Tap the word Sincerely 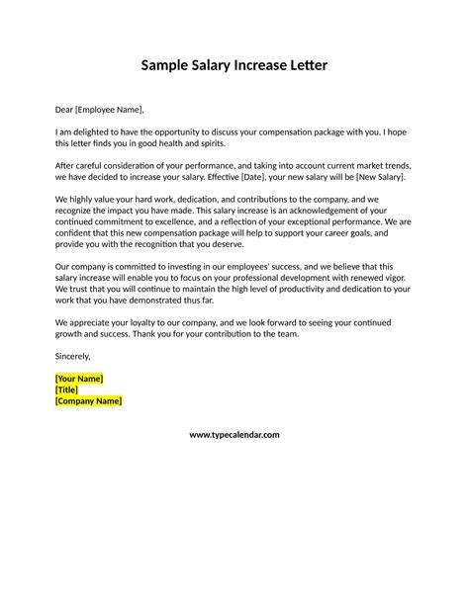coord(72,355)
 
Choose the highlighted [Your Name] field coord(79,379)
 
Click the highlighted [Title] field coord(67,390)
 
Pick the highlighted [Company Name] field coord(89,401)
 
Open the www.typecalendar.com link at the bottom coord(234,435)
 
